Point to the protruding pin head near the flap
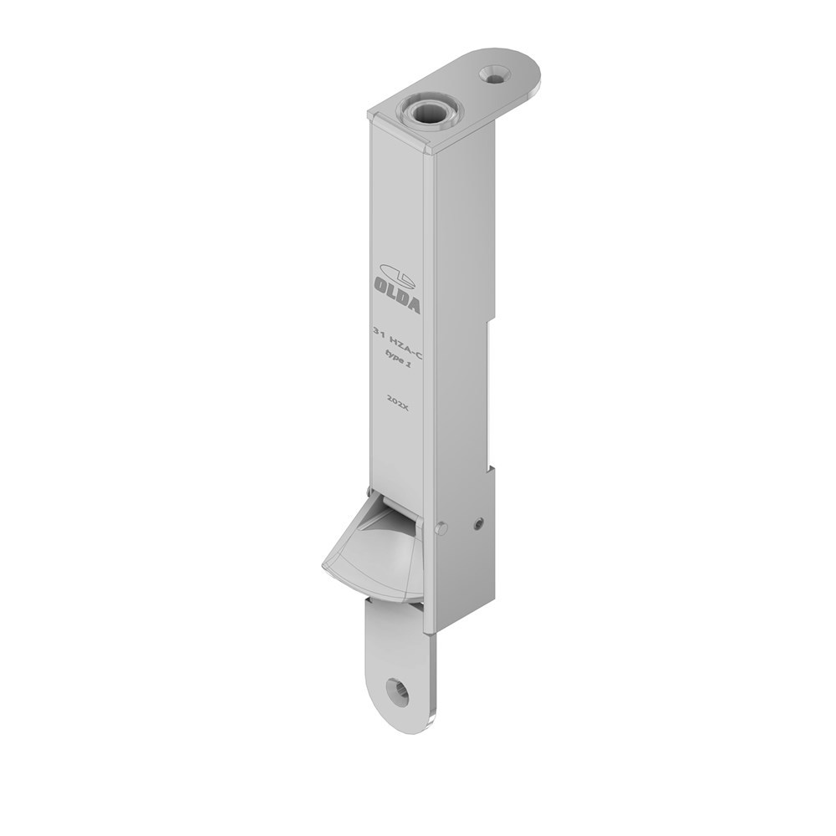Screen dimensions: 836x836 441,528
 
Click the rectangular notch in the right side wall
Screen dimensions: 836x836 492,393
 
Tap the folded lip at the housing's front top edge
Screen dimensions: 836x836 401,136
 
